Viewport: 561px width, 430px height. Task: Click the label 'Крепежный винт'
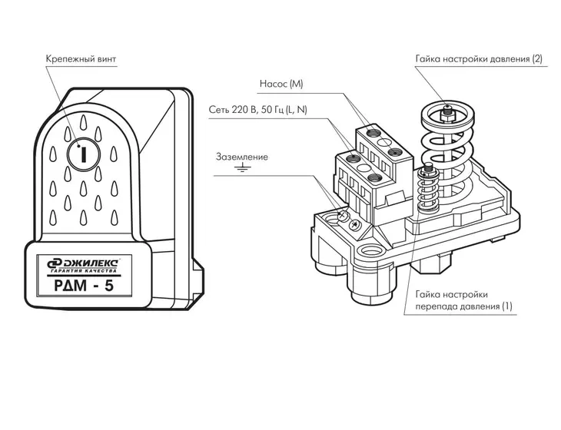coord(81,59)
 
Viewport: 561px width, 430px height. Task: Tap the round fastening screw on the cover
coord(83,154)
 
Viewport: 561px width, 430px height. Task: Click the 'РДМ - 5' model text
coord(84,286)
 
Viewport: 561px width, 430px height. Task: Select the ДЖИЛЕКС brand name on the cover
coord(89,263)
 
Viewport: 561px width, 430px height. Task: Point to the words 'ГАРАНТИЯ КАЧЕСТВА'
coord(84,271)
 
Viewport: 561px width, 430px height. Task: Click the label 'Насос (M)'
coord(281,84)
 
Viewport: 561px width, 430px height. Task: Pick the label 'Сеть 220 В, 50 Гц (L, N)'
coord(258,110)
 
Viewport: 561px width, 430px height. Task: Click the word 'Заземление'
coord(242,157)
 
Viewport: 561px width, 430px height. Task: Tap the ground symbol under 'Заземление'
coord(242,167)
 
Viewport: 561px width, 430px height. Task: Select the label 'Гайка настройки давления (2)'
coord(479,59)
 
